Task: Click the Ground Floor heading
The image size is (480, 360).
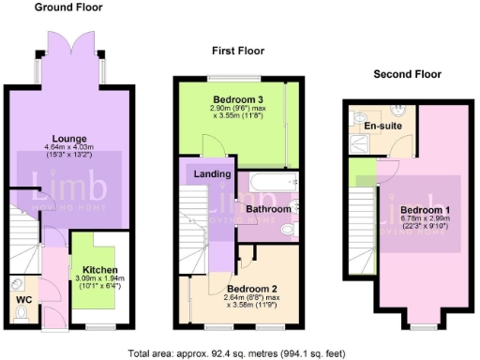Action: tap(69, 7)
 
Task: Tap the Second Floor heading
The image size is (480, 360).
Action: tap(408, 74)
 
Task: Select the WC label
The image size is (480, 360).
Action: tap(23, 302)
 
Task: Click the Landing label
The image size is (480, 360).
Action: tap(212, 174)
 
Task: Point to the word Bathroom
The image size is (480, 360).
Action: tap(268, 207)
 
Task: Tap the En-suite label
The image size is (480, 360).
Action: tap(382, 125)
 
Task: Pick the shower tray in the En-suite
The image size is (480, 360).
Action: tap(360, 142)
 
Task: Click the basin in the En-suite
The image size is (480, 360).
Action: tap(392, 109)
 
